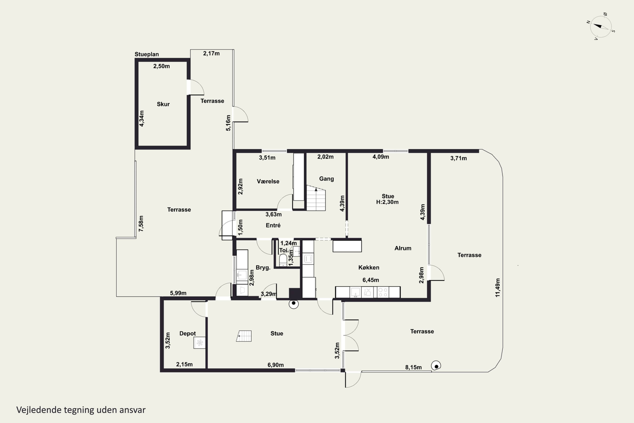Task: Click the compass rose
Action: tap(601, 26)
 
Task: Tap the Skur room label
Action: tap(163, 104)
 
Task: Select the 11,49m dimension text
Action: tap(498, 288)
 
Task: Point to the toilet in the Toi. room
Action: tap(283, 260)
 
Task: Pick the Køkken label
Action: tap(369, 267)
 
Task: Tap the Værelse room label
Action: tap(268, 181)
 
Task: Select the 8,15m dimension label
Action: tap(413, 367)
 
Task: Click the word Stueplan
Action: tap(147, 54)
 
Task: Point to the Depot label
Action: tap(188, 334)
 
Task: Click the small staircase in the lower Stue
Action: tap(244, 336)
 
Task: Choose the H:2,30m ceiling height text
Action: tap(387, 202)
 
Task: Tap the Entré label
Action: tap(273, 225)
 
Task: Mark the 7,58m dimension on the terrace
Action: tap(141, 223)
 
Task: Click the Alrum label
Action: tap(403, 248)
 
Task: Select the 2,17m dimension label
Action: tap(211, 54)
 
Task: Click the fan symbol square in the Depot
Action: tap(199, 343)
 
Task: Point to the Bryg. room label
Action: tap(263, 268)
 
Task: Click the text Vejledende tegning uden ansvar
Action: tap(81, 410)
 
